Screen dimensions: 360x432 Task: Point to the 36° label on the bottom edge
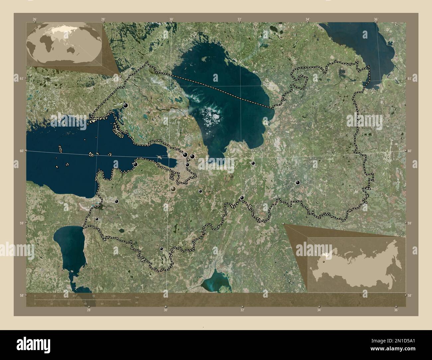coord(396,310)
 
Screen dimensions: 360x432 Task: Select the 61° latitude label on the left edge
coord(21,78)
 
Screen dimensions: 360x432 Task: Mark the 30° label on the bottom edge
coord(165,310)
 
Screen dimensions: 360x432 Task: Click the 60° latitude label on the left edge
coord(21,151)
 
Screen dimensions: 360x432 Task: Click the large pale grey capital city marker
coord(173,189)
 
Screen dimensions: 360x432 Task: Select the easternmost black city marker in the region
coord(298,182)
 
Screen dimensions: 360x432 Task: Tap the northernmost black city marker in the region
coord(126,105)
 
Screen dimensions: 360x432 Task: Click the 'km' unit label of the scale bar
coord(137,297)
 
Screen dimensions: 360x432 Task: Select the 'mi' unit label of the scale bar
coord(137,303)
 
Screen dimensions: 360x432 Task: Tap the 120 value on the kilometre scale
coord(113,296)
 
